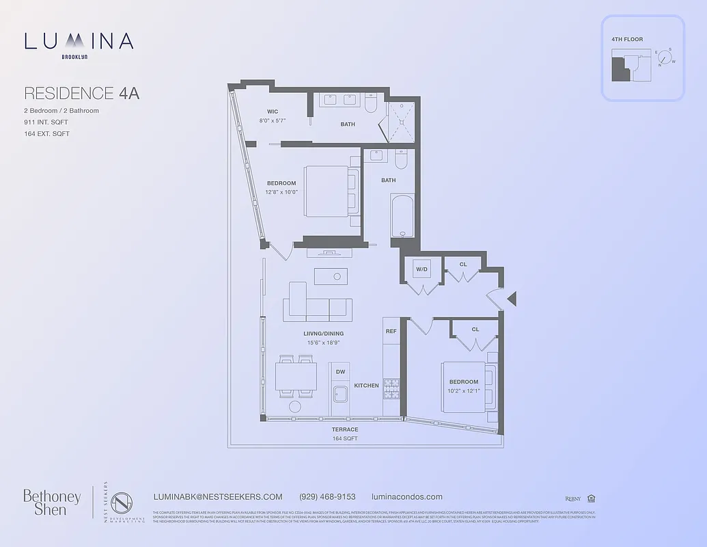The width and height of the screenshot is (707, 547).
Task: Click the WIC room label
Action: [x=273, y=111]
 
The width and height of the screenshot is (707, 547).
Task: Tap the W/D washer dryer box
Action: [x=421, y=269]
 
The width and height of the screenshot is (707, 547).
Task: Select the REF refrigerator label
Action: [x=391, y=331]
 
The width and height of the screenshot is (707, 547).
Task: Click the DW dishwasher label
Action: [x=340, y=371]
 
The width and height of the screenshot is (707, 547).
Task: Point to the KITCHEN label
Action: [x=366, y=386]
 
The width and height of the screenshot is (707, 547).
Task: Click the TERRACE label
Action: [x=345, y=429]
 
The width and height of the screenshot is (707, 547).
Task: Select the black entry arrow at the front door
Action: [x=512, y=298]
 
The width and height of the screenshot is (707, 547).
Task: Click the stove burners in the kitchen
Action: [x=391, y=389]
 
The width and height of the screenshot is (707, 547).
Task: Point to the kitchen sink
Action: [x=339, y=395]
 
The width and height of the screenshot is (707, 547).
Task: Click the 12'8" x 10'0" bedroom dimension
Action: [x=281, y=192]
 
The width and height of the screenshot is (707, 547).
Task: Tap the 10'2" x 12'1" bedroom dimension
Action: [x=464, y=391]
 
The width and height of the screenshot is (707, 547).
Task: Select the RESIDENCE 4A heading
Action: [x=81, y=93]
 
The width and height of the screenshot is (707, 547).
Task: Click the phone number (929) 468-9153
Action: [x=327, y=497]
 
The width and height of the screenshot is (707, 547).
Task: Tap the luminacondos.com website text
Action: [x=406, y=497]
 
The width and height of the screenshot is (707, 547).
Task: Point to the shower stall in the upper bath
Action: [x=401, y=122]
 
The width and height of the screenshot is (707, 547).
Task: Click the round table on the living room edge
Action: [x=295, y=406]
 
